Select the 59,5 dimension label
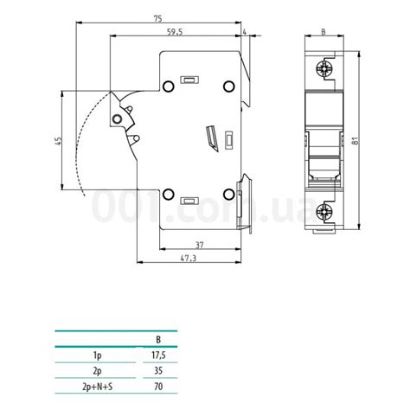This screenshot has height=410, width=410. click(x=176, y=31)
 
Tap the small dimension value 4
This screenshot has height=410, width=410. click(x=246, y=31)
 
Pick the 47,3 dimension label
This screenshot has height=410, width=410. click(x=189, y=259)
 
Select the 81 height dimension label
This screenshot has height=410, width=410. click(x=356, y=141)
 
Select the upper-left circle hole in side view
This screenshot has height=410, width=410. click(x=169, y=86)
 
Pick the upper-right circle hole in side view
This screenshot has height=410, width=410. click(x=229, y=86)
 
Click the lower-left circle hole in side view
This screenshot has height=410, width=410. click(x=169, y=194)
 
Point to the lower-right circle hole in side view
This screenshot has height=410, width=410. click(x=229, y=194)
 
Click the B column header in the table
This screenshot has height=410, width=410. click(x=157, y=340)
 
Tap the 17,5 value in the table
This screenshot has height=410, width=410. click(x=157, y=354)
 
